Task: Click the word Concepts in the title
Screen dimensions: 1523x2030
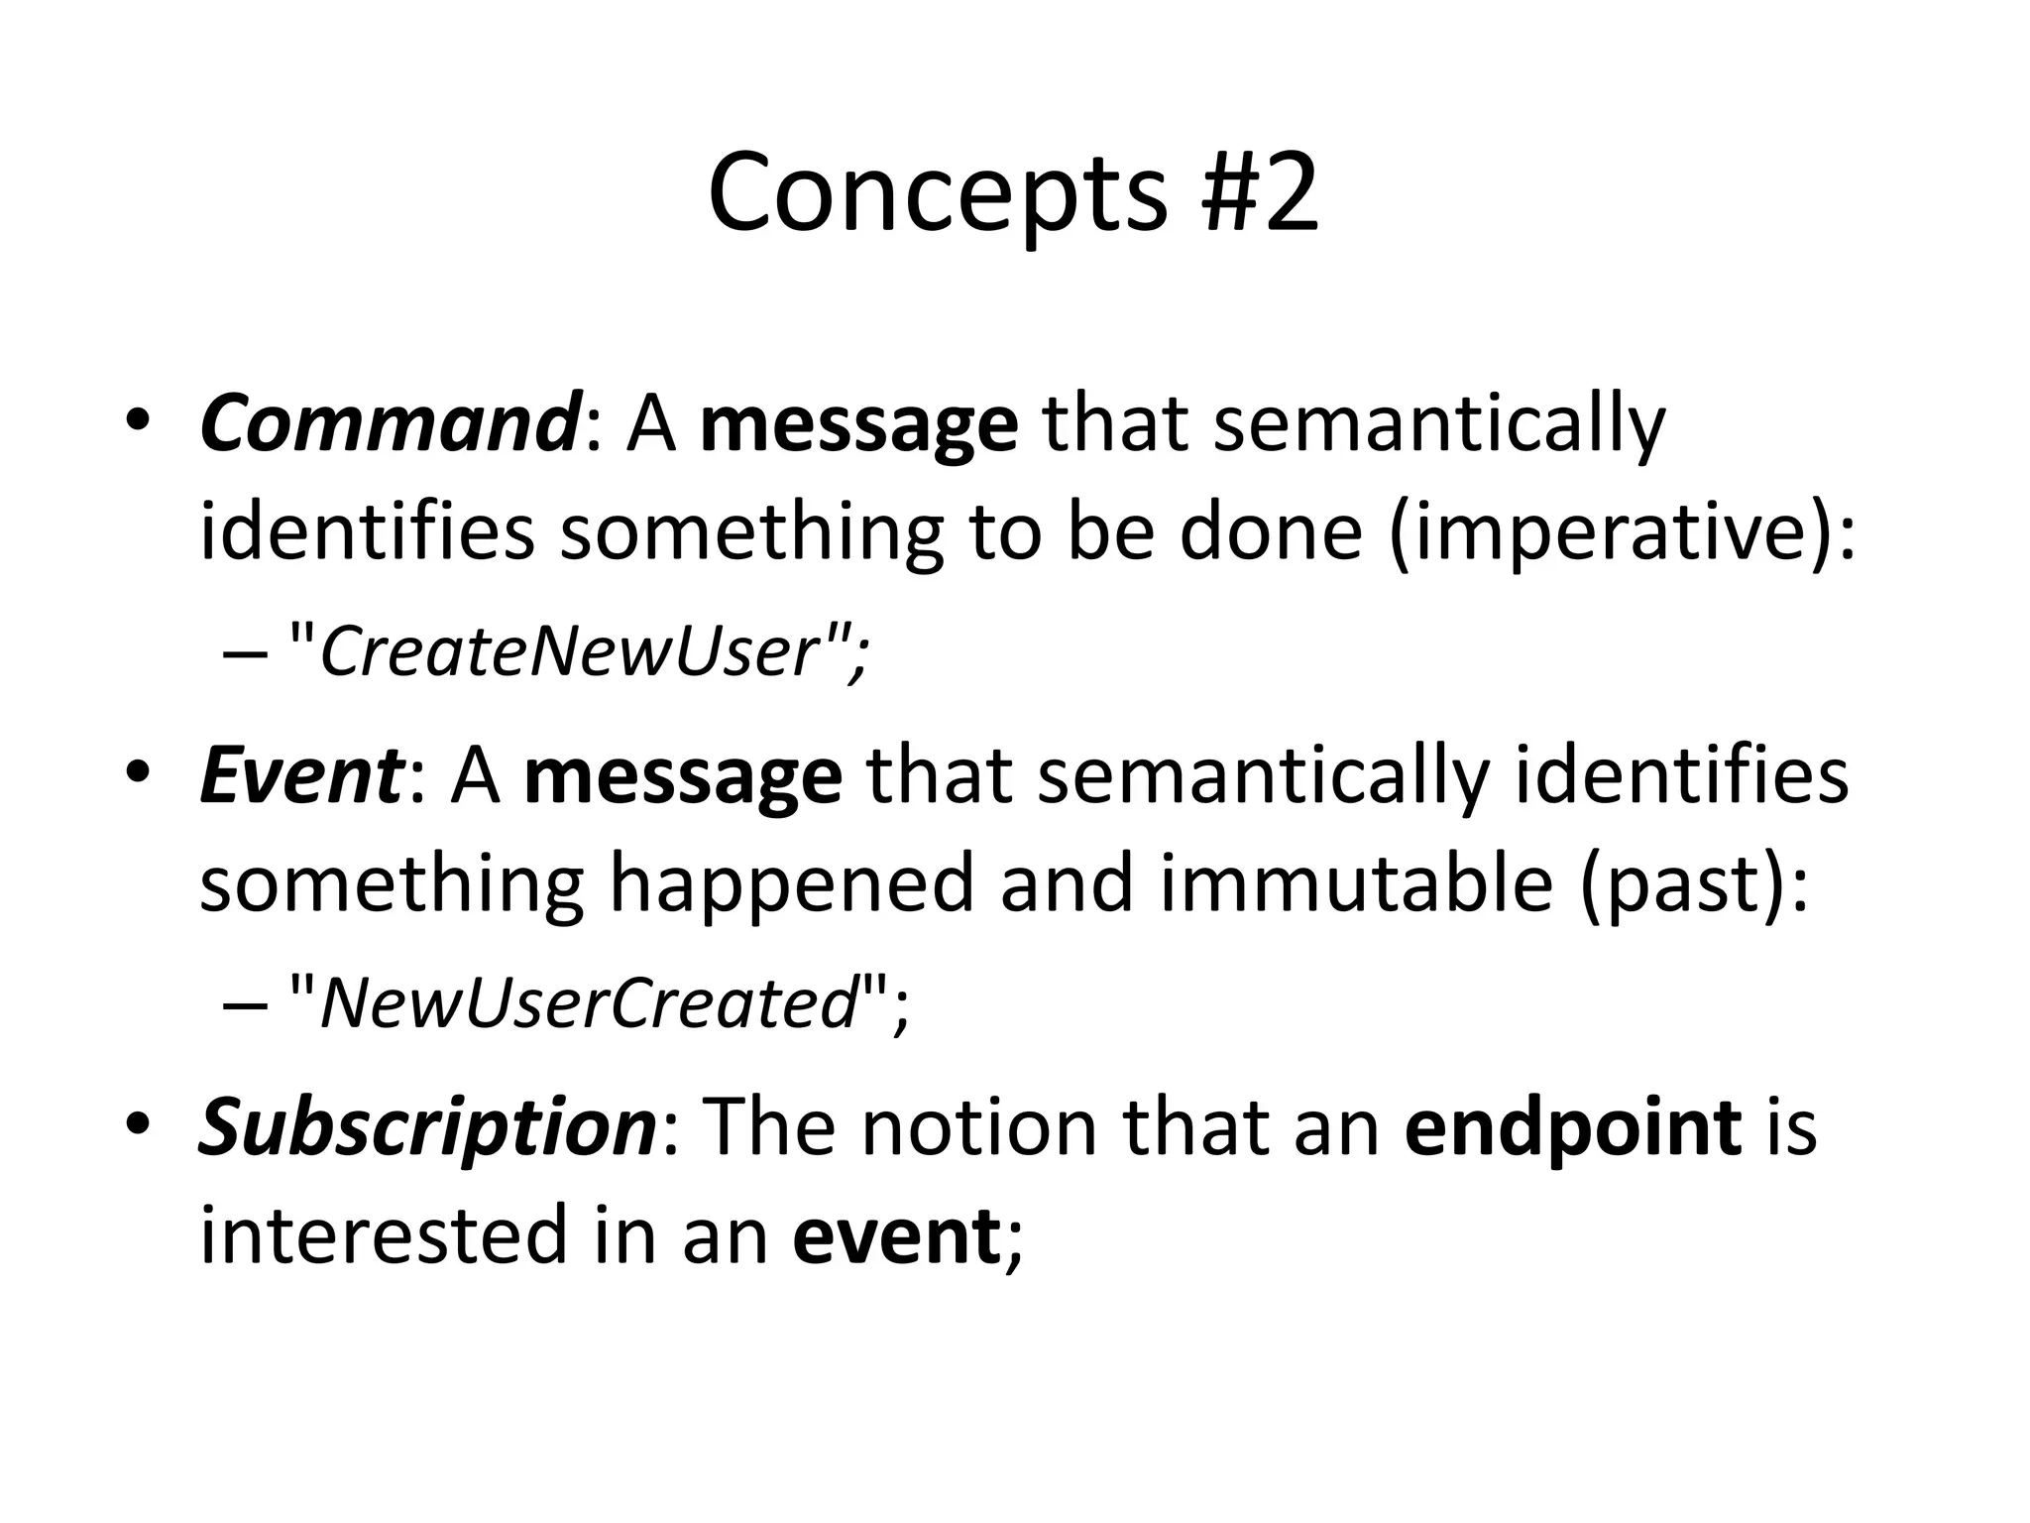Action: coord(937,193)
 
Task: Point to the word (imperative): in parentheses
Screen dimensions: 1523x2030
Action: coord(1623,532)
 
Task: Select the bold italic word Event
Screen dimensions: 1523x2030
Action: coord(300,776)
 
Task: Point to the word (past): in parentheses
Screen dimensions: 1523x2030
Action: coord(1696,884)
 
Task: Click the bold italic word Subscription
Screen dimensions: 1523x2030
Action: coord(426,1128)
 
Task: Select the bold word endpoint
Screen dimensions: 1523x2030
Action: coord(1573,1128)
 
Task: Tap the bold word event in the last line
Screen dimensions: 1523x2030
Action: coord(896,1236)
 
